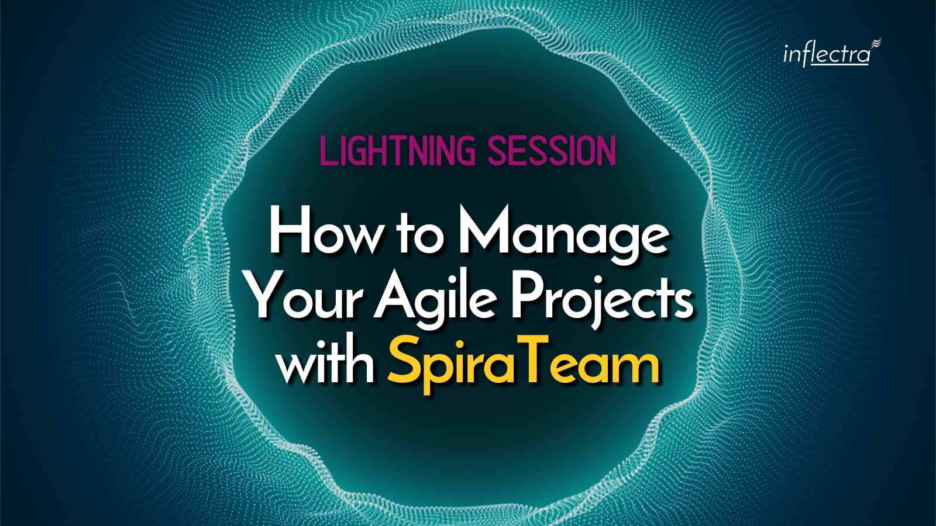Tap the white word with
pyautogui.click(x=326, y=362)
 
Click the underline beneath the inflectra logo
pyautogui.click(x=839, y=64)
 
